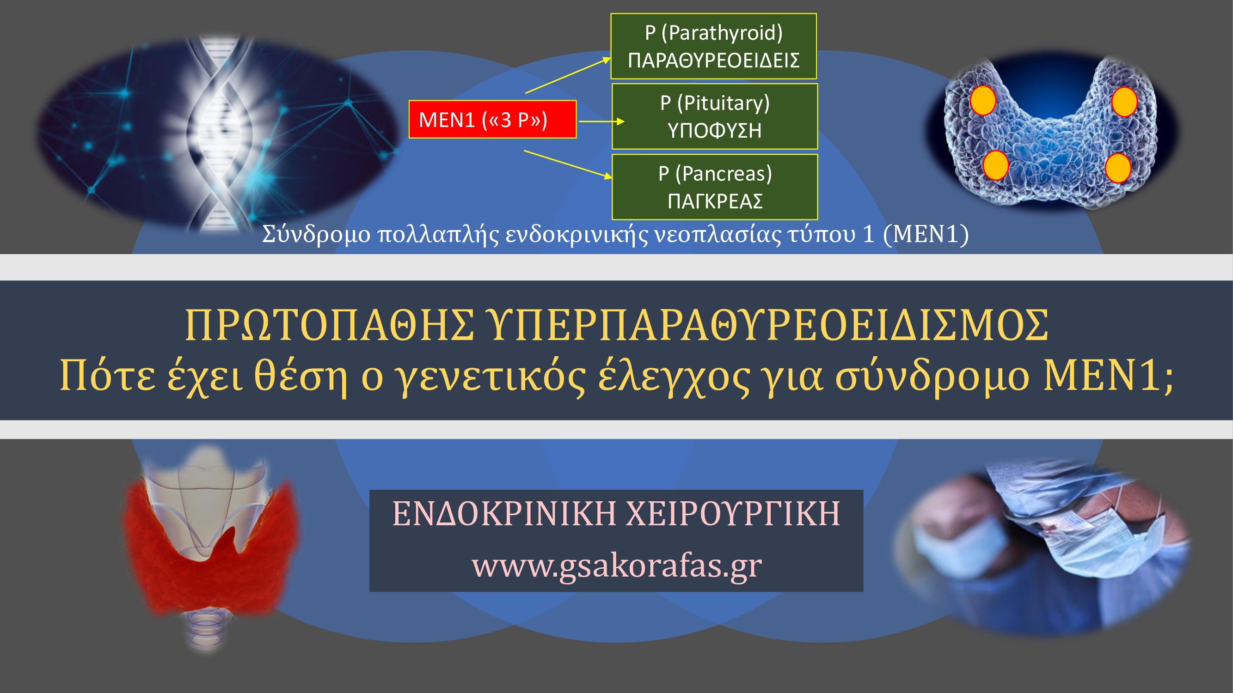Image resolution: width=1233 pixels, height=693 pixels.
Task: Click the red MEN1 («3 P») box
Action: tap(492, 120)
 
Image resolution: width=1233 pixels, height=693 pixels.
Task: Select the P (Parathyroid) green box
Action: tap(714, 46)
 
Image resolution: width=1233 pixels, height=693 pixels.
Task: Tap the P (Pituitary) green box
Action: tap(715, 117)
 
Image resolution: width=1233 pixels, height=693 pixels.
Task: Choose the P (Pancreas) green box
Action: tap(715, 187)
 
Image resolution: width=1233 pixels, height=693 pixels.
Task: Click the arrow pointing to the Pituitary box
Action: tap(601, 122)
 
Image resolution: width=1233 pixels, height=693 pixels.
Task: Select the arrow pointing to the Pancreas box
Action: tap(568, 164)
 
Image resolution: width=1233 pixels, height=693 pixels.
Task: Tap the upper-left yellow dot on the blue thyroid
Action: tap(983, 100)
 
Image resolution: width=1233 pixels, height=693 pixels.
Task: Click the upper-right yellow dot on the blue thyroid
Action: tap(1124, 102)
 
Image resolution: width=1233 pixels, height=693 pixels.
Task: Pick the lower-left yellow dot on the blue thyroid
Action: tap(995, 165)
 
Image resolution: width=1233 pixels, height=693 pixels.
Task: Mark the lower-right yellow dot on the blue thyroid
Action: tap(1118, 168)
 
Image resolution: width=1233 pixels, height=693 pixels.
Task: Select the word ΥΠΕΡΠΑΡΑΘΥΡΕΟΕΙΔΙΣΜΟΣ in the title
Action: tap(767, 325)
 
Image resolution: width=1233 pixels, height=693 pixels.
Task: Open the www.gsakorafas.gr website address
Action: tap(617, 566)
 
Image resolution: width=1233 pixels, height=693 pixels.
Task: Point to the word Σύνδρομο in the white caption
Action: tap(316, 235)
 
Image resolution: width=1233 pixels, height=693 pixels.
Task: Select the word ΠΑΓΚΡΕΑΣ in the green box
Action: tap(715, 201)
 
